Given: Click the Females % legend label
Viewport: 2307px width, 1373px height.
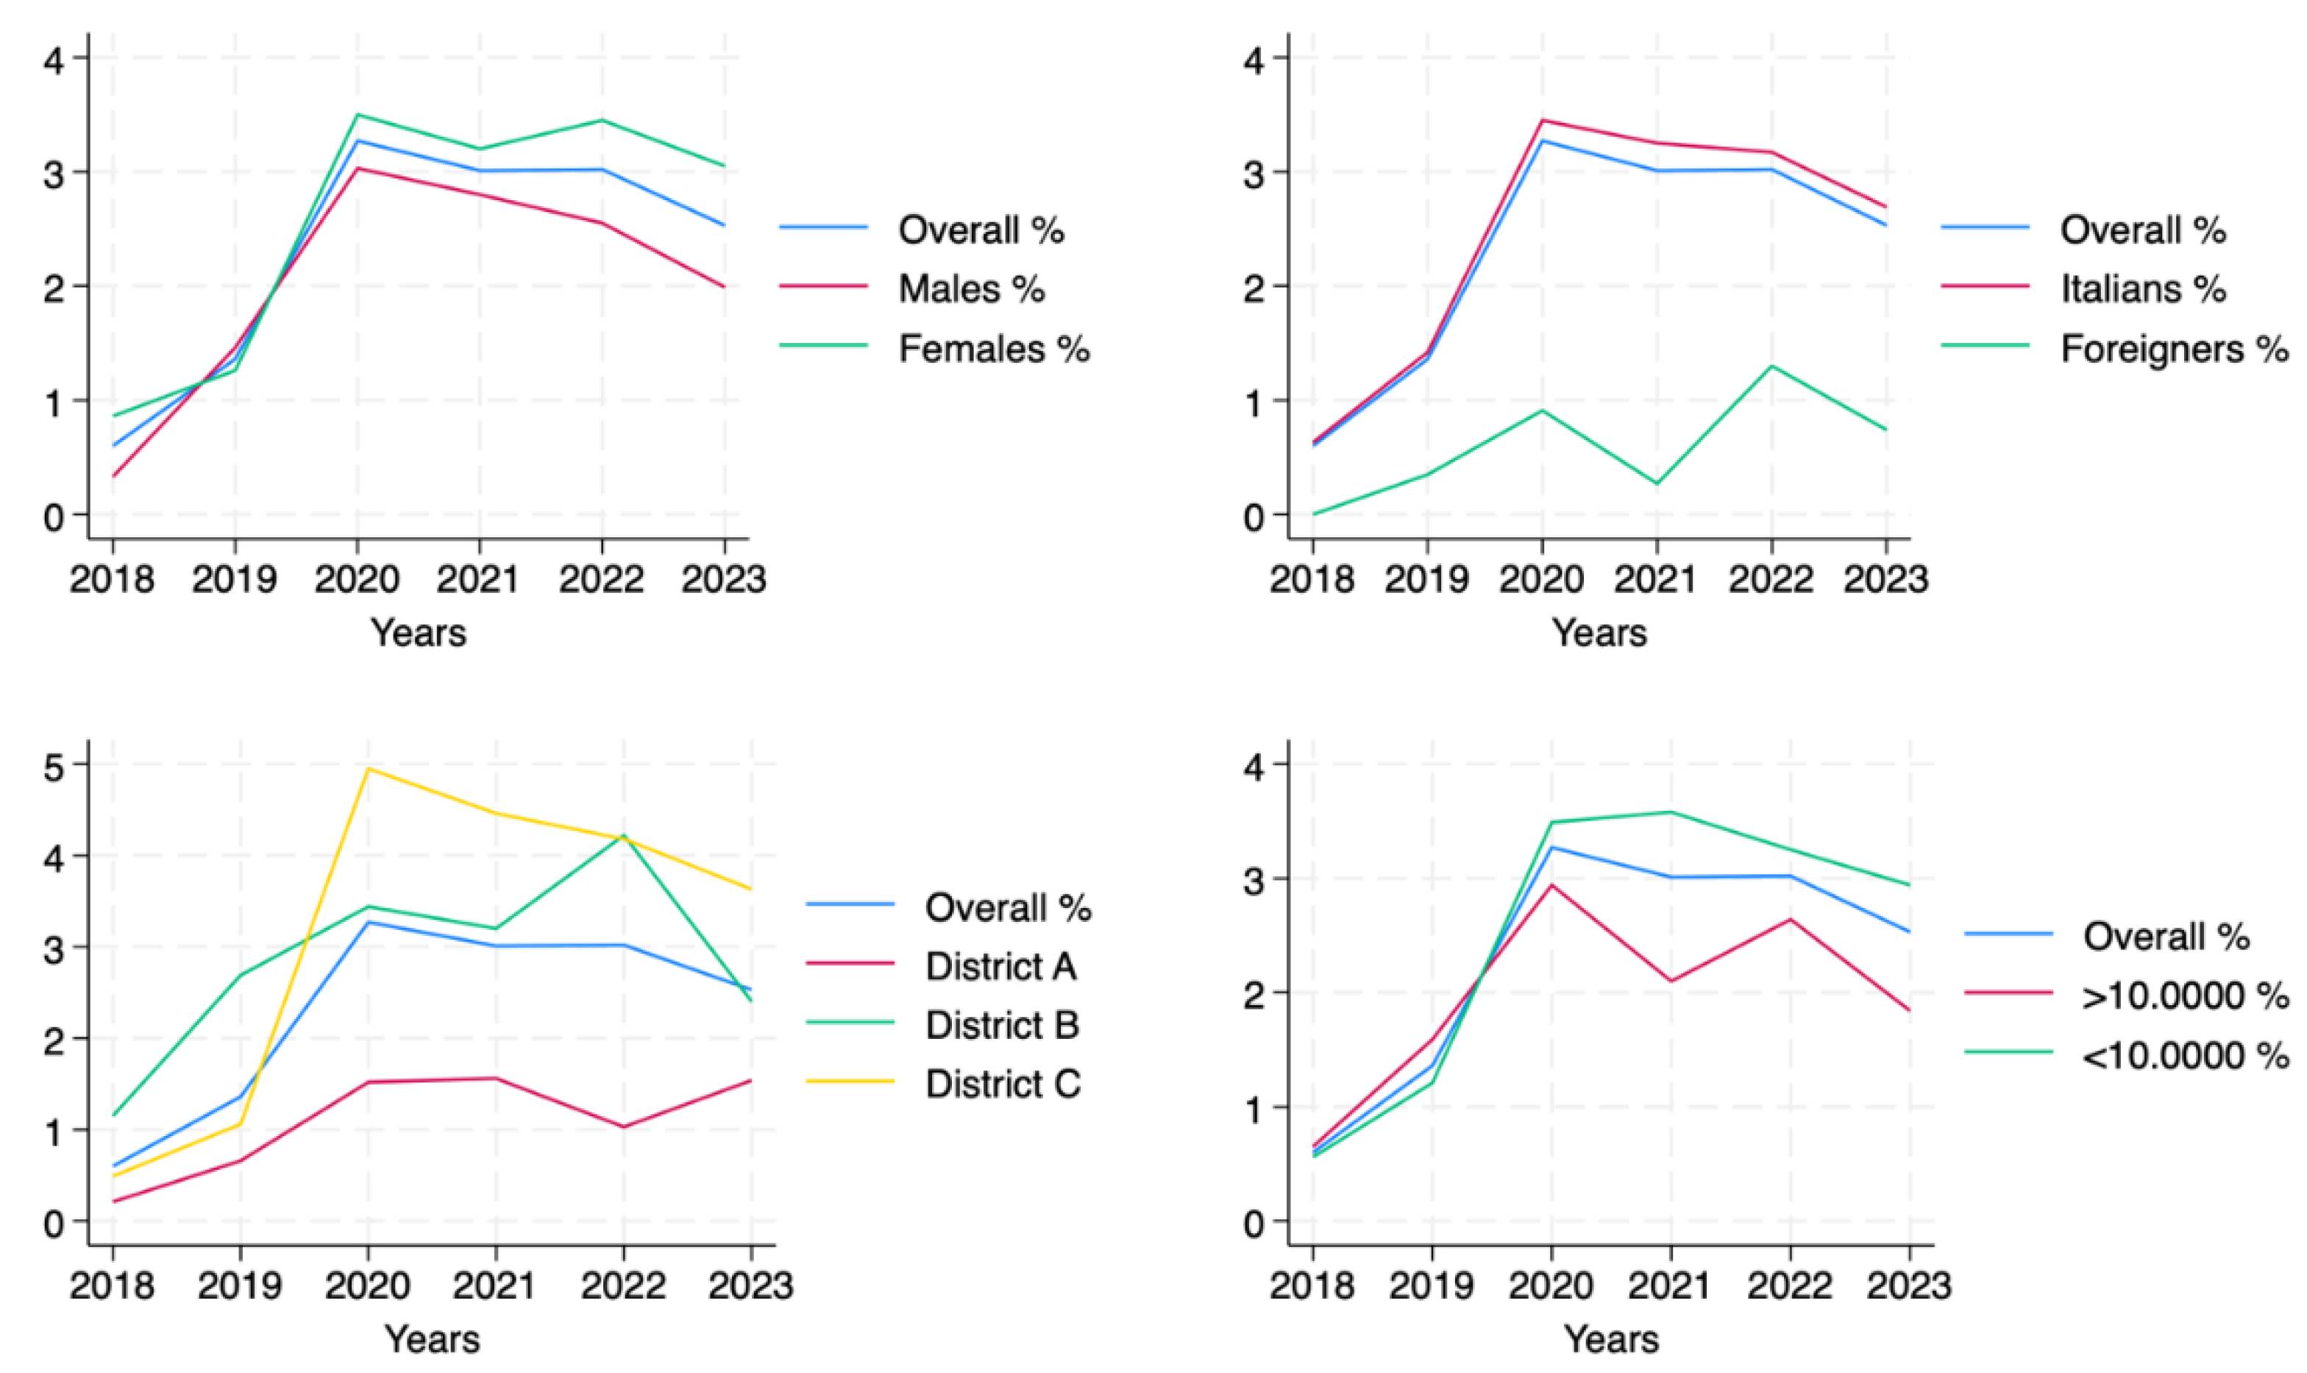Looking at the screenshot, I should click(x=993, y=349).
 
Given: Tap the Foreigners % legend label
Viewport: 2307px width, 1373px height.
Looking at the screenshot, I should click(x=2174, y=349).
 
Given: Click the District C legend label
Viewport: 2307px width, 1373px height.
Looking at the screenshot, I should click(x=1003, y=1083).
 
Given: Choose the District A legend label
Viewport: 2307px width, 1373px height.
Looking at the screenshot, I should click(x=1001, y=966).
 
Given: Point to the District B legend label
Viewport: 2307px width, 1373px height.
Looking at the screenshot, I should click(x=1002, y=1025).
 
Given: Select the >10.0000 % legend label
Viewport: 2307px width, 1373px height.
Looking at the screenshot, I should click(x=2185, y=996).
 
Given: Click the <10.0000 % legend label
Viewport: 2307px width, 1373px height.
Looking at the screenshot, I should click(x=2185, y=1054).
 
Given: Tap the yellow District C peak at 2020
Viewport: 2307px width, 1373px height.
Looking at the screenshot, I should click(x=368, y=769).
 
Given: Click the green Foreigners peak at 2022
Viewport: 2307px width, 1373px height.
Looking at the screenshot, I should click(x=1771, y=366).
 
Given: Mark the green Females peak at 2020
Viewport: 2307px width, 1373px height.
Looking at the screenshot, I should click(x=357, y=116).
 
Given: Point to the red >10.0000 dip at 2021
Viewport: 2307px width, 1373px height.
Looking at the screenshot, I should click(x=1671, y=982).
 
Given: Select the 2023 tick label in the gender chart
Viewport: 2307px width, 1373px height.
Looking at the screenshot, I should click(x=723, y=580).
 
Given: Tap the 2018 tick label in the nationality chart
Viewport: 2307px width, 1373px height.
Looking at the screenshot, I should click(x=1312, y=580).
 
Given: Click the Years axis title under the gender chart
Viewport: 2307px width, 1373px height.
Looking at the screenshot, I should click(x=418, y=634).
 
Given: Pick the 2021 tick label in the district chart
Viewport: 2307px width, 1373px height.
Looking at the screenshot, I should click(x=495, y=1286).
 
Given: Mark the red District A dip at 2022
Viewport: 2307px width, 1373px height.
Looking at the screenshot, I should click(x=622, y=1127).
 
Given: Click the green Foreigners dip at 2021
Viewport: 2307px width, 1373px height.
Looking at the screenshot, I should click(x=1657, y=483).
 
